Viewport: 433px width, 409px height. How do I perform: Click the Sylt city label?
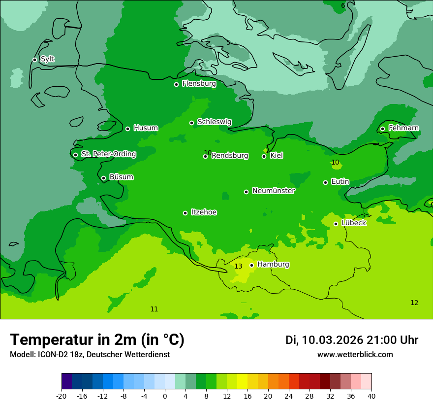tap(47, 59)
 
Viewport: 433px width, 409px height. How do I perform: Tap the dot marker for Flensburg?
tap(176, 84)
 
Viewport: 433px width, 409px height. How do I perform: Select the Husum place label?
tap(146, 128)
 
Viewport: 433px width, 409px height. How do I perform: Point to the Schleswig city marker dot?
tap(191, 123)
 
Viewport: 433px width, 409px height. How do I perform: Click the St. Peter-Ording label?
tap(108, 154)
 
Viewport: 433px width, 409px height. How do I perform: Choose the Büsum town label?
tap(121, 177)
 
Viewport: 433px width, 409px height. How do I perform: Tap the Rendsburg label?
tap(230, 156)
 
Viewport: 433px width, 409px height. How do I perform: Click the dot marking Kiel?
tap(264, 156)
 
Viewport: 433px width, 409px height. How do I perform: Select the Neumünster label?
tap(274, 191)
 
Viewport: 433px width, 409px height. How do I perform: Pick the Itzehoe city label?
tap(204, 212)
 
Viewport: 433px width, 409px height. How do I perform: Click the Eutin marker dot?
tap(325, 182)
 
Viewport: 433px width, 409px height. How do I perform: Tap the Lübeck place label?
tap(353, 223)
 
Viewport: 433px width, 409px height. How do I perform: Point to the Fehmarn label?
tap(403, 128)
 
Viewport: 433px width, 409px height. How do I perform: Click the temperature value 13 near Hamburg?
tap(238, 267)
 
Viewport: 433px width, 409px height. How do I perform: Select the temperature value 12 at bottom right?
tap(414, 303)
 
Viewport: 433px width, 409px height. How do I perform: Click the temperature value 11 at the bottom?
tap(154, 309)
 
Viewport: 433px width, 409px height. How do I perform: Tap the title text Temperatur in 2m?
tap(97, 340)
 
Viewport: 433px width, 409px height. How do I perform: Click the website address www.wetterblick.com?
tap(355, 354)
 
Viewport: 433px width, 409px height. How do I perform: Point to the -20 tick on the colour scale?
tap(62, 396)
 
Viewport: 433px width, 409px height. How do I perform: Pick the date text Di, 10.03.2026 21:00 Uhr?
tap(351, 340)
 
